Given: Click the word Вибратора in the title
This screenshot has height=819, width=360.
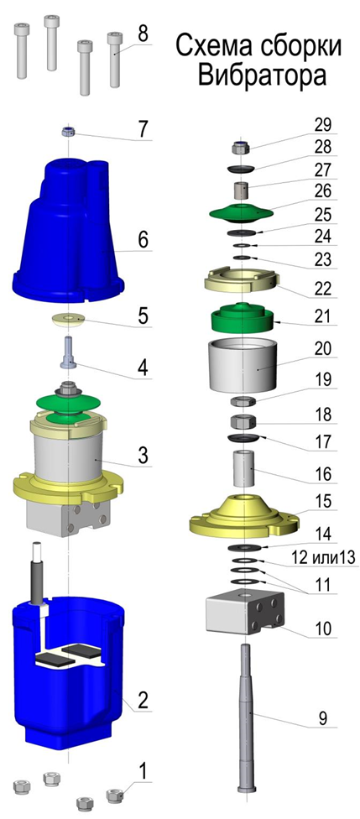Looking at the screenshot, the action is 263,76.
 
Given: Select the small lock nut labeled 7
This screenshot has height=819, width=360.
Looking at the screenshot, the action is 67,131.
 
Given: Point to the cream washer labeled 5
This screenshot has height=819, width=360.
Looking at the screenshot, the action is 70,319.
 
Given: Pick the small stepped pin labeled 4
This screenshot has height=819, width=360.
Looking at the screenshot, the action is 69,352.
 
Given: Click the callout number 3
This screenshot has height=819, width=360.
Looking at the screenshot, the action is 142,455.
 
